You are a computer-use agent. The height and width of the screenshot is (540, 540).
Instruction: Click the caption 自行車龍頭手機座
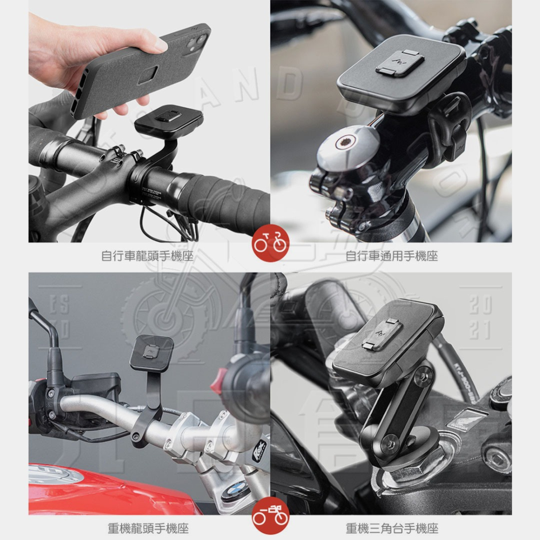click(147, 255)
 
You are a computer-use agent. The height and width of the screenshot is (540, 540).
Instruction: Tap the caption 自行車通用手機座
click(391, 255)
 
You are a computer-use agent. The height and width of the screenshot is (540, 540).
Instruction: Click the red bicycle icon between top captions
click(270, 244)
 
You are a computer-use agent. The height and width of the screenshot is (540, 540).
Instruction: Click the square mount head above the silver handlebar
click(152, 352)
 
